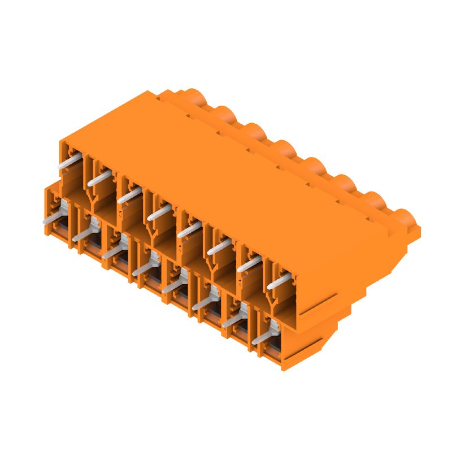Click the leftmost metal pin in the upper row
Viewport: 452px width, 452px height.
(69, 162)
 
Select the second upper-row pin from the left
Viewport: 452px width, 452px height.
(99, 180)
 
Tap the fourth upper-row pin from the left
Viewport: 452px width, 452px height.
(158, 212)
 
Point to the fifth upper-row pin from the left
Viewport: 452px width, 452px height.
(188, 229)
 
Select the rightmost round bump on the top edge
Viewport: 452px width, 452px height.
(403, 217)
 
